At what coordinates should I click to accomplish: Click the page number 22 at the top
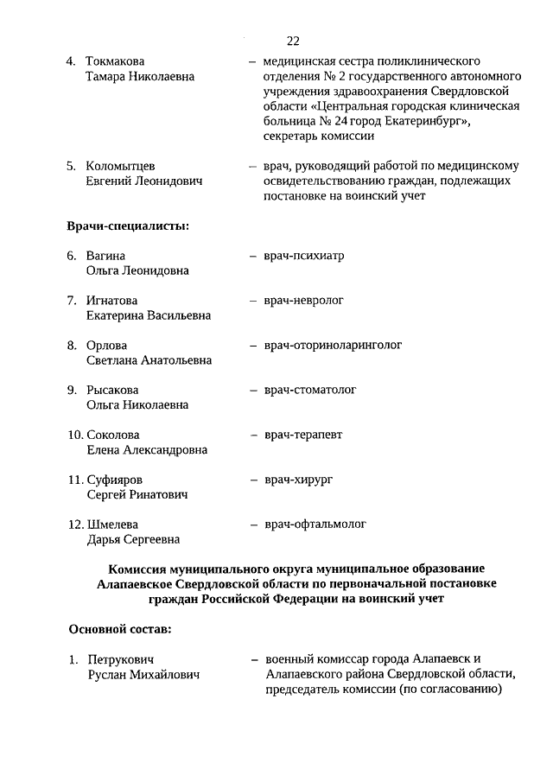(293, 41)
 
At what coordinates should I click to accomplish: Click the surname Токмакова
(115, 62)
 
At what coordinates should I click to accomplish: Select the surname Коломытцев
(121, 166)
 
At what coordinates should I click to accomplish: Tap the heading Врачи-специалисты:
(128, 226)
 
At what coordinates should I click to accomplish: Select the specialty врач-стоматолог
(311, 390)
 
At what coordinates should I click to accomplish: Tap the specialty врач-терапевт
(303, 435)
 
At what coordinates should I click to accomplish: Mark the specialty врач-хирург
(299, 479)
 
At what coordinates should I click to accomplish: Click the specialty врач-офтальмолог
(316, 524)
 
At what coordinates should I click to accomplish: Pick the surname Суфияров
(115, 480)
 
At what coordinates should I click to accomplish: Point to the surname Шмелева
(112, 525)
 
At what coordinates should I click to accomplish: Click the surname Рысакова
(112, 391)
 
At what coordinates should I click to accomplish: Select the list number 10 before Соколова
(75, 436)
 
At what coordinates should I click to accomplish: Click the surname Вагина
(105, 257)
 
